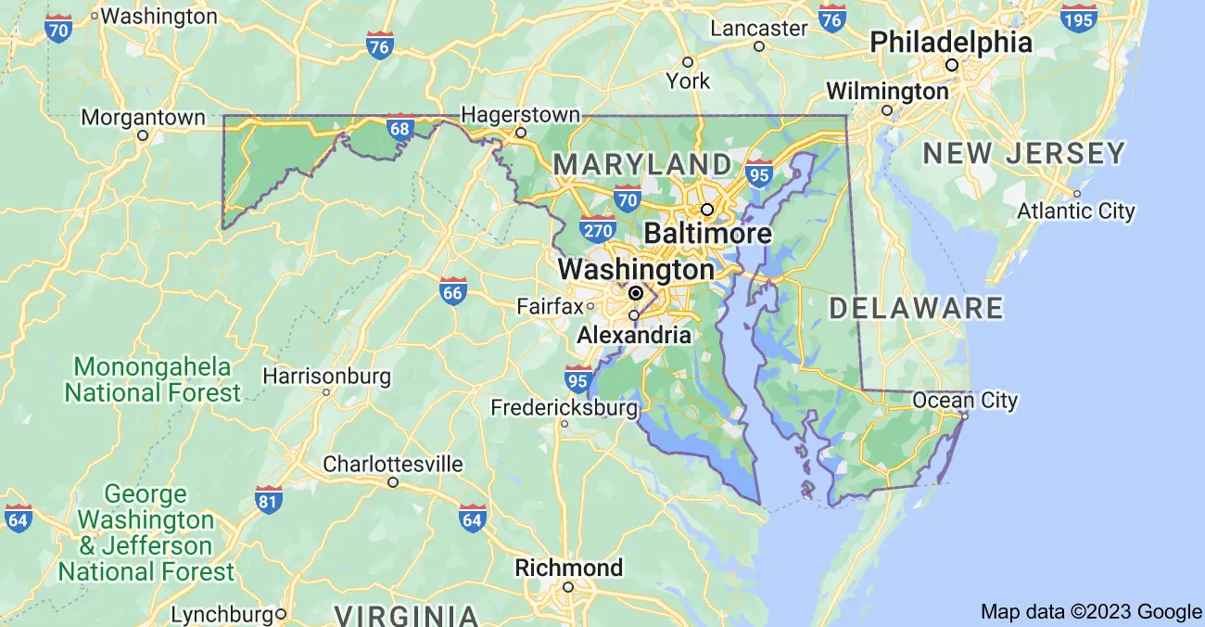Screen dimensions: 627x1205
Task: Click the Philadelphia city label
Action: click(950, 42)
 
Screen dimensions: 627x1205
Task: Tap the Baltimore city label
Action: click(707, 232)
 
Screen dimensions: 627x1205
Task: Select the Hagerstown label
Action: click(520, 115)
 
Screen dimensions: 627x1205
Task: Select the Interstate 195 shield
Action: click(1080, 18)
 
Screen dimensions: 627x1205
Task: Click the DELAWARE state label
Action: click(916, 308)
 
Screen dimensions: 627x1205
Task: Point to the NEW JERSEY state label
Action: click(1024, 153)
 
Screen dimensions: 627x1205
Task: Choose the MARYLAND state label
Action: click(642, 165)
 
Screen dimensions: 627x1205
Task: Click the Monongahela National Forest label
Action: click(152, 378)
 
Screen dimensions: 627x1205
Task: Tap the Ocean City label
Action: click(965, 401)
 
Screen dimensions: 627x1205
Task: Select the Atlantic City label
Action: click(1075, 211)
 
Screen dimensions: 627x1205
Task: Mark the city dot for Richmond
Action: click(568, 586)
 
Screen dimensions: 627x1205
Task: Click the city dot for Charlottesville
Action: click(393, 482)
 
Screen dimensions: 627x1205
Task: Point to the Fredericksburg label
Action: click(564, 407)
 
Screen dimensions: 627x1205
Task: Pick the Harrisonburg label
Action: click(326, 377)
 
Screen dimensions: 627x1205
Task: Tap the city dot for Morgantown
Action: click(143, 135)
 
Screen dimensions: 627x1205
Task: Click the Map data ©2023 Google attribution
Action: click(1091, 611)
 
